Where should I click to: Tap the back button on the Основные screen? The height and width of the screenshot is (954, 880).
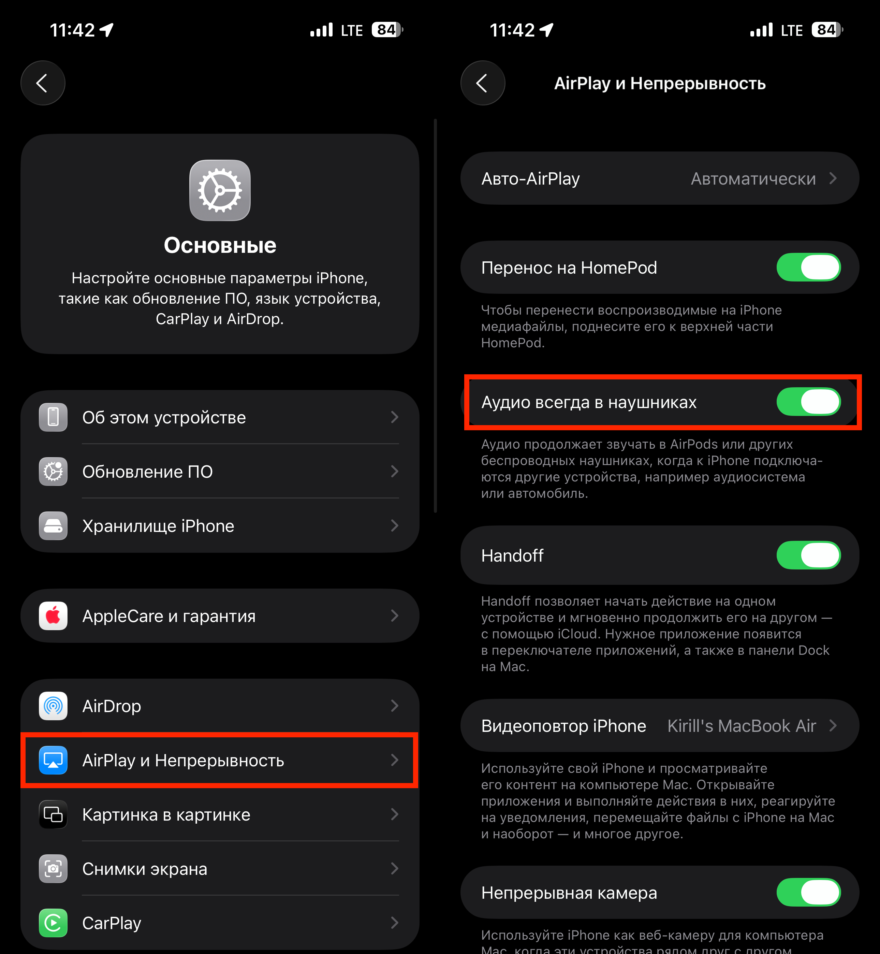pos(43,83)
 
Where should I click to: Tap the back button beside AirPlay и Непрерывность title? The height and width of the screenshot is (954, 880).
pos(483,83)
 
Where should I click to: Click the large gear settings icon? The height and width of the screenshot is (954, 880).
pos(220,190)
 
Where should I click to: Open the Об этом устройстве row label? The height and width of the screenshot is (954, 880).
pos(164,417)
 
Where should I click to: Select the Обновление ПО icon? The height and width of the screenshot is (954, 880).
pos(53,472)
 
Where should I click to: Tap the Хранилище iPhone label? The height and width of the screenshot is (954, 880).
pos(158,526)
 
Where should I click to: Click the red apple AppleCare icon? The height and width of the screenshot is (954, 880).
pos(53,616)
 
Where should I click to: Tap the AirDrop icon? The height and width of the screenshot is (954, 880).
pos(53,706)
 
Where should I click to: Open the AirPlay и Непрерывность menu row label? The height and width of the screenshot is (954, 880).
pos(184,760)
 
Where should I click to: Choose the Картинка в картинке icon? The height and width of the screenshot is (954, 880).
pos(53,814)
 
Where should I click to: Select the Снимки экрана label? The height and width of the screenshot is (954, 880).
pos(145,869)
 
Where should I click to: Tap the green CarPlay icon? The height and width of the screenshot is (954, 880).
pos(53,923)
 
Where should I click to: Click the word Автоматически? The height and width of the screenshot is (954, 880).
pos(753,178)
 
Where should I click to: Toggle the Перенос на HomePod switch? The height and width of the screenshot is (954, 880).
pos(809,267)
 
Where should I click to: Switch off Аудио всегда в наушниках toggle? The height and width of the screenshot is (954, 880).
pos(809,402)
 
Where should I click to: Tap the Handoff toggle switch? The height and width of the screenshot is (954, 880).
pos(809,555)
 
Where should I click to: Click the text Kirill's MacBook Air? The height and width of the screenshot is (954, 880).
pos(742,725)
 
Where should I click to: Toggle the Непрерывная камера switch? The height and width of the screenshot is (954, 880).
pos(809,892)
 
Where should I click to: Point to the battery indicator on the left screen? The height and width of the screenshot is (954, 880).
pos(387,30)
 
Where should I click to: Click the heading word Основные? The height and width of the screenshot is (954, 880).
pos(220,245)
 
